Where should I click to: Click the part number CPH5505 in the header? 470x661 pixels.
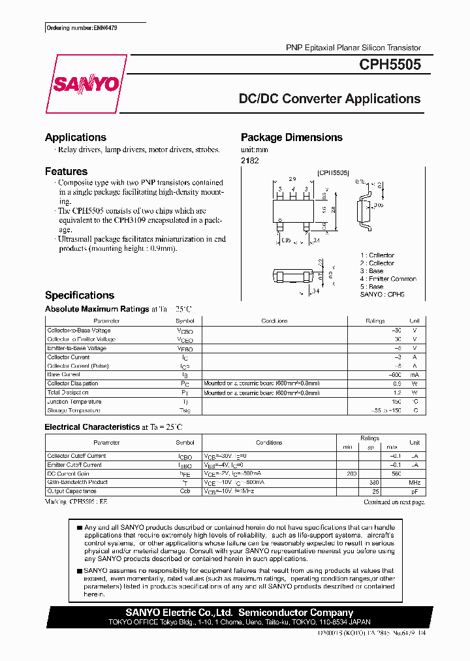click(x=390, y=65)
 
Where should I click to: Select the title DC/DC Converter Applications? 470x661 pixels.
click(x=330, y=99)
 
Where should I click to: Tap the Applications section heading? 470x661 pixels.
click(x=76, y=137)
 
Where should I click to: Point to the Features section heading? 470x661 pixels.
click(x=66, y=171)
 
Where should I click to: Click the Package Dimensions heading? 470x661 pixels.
click(x=292, y=137)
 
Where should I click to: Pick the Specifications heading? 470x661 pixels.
click(x=80, y=295)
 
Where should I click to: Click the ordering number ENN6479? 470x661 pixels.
click(x=82, y=29)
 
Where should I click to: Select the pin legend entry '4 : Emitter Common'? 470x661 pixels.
click(x=388, y=279)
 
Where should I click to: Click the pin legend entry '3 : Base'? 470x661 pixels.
click(x=372, y=271)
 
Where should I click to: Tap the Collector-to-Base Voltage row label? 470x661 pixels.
click(x=76, y=330)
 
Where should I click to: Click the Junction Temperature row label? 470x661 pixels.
click(x=74, y=402)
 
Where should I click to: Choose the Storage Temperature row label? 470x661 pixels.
click(x=74, y=411)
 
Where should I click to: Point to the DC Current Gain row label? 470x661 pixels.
click(x=68, y=474)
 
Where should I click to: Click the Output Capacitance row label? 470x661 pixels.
click(x=72, y=491)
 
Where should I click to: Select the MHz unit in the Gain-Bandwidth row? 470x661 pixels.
click(x=415, y=482)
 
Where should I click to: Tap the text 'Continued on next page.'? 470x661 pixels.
click(x=394, y=502)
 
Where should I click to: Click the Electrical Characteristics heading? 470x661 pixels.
click(x=92, y=427)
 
